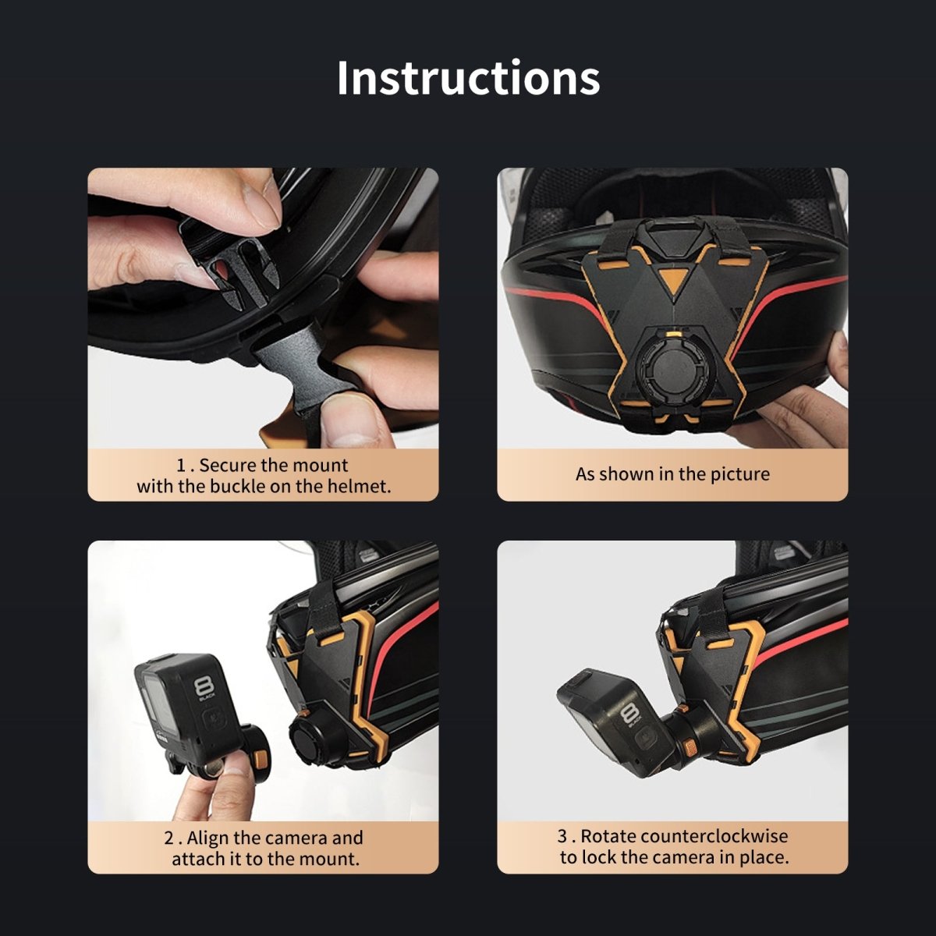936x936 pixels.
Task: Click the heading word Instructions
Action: tap(468, 78)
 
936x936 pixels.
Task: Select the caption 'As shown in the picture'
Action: tap(672, 474)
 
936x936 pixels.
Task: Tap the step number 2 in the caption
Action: tap(169, 838)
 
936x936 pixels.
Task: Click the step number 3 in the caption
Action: tap(562, 836)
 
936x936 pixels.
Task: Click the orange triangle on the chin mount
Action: tap(672, 278)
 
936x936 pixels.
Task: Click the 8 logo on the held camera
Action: tap(202, 687)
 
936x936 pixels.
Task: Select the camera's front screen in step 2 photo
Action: tap(158, 704)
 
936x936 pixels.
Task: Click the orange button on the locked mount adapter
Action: tap(688, 746)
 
